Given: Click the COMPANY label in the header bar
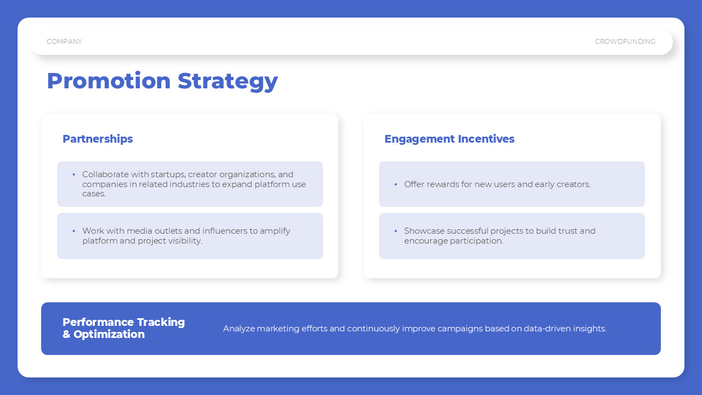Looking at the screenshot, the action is tap(64, 41).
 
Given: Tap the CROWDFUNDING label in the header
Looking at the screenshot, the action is tap(625, 41).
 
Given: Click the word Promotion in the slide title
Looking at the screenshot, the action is tap(109, 81).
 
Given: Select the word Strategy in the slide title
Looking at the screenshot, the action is tap(228, 82).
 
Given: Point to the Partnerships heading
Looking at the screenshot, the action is tap(98, 139).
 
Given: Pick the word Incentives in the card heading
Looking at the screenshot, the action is tap(486, 139).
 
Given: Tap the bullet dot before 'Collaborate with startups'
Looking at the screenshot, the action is tap(74, 174).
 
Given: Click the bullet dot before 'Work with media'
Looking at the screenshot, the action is tap(74, 231).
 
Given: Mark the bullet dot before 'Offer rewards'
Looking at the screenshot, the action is tap(396, 184).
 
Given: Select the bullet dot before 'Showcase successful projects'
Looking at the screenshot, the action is tap(396, 231).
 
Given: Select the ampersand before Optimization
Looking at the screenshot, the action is tap(66, 334).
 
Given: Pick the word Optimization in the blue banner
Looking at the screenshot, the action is tap(109, 335).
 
